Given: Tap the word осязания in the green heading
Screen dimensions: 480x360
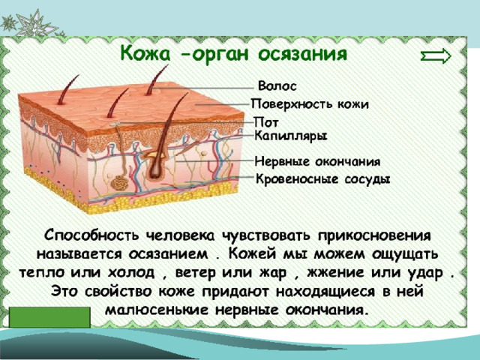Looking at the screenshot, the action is tap(302, 55).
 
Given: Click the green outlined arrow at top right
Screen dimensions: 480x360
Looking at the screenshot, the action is tap(436, 56).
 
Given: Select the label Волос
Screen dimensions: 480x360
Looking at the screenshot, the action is tap(277, 86).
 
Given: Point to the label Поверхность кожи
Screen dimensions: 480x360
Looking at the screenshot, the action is tap(310, 104).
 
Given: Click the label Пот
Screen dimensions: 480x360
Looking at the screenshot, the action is tap(266, 123).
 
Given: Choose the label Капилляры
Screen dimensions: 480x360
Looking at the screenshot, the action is tap(291, 136).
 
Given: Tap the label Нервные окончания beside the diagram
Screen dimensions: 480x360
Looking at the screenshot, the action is tap(317, 161).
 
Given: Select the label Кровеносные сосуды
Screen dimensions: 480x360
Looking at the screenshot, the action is tap(322, 179).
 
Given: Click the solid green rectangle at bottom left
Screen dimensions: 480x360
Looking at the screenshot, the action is tap(49, 317).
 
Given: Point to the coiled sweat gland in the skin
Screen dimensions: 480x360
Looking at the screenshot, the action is tap(120, 183).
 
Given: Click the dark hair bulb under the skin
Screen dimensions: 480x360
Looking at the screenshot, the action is tap(155, 169).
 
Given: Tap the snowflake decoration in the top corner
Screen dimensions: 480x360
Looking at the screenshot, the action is tap(31, 24).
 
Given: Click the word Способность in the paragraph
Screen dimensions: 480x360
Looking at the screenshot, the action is tap(91, 235).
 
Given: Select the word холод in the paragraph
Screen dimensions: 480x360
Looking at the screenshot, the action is tap(131, 273).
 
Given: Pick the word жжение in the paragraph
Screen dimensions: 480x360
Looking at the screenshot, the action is tap(336, 272).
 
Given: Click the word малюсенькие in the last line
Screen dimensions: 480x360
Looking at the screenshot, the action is tap(157, 310).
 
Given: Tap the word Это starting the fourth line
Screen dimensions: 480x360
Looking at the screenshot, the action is tap(65, 291).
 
